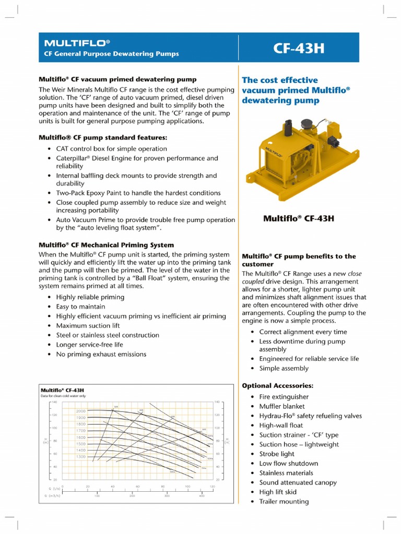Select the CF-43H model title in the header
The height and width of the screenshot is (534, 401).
(x=299, y=48)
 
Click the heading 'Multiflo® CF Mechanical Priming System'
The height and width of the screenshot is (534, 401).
(x=107, y=245)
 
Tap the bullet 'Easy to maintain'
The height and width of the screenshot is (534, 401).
(x=80, y=307)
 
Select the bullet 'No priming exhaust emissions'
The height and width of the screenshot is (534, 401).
(x=101, y=354)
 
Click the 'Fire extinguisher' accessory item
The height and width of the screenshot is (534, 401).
(x=284, y=397)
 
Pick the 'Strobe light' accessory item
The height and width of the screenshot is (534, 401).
(x=277, y=454)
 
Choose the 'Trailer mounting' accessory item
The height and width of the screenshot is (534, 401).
(x=284, y=501)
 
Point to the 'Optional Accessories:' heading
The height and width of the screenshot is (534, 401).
(x=277, y=385)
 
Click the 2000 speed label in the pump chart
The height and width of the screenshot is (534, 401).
(x=80, y=411)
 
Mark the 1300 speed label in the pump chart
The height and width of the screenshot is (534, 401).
(x=80, y=456)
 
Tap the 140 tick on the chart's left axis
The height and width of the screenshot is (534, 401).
(x=53, y=402)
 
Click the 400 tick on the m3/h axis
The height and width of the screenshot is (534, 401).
(x=202, y=496)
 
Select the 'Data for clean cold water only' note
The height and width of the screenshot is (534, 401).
(x=63, y=396)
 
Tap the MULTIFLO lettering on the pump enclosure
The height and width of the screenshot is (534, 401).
(x=274, y=151)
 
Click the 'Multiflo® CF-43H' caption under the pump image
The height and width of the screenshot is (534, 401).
(x=298, y=219)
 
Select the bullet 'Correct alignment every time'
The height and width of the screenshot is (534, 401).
(x=303, y=332)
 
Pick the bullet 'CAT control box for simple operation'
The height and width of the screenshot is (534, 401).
(x=111, y=149)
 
